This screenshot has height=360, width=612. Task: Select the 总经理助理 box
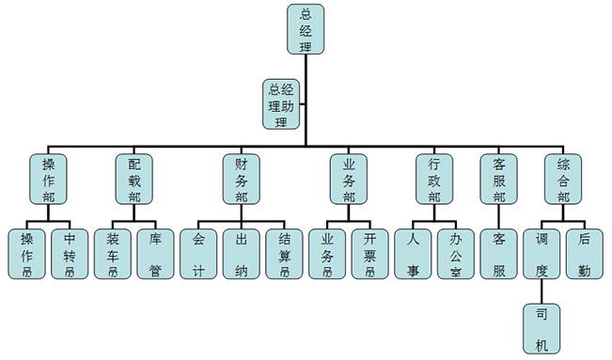tap(280, 104)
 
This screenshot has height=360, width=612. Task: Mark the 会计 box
tap(198, 254)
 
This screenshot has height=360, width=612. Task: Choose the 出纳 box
tap(242, 254)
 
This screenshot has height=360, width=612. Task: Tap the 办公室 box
tap(456, 254)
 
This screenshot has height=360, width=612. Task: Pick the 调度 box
tap(541, 254)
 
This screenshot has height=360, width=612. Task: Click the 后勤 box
tap(585, 254)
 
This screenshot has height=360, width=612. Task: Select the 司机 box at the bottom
tap(541, 329)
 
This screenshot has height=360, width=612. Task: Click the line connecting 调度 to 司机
tap(541, 292)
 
